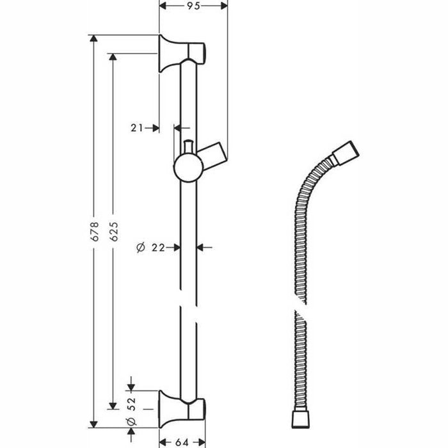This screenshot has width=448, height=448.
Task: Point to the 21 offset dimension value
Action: pyautogui.click(x=136, y=127)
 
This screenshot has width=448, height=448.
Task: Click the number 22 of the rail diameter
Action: pyautogui.click(x=159, y=246)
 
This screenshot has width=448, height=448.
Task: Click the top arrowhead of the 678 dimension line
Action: pyautogui.click(x=95, y=38)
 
